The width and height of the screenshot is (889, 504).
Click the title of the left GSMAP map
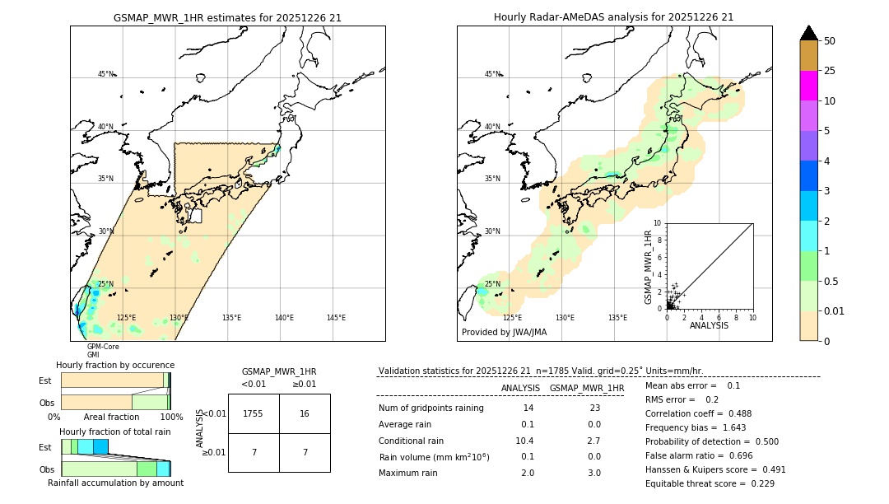point(227,17)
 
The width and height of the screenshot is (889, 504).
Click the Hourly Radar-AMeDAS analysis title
point(613,17)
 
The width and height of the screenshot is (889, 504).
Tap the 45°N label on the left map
point(105,74)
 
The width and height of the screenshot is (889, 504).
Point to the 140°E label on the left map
point(283,318)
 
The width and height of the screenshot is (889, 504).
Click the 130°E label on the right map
point(565,318)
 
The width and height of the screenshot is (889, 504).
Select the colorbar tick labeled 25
point(830,71)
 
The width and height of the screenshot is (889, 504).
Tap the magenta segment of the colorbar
point(808,86)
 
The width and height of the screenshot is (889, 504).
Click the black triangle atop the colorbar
point(808,33)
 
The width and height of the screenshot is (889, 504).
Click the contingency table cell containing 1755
point(254,413)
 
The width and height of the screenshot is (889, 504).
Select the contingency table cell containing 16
point(305,413)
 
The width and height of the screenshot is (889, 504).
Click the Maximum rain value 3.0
point(595,473)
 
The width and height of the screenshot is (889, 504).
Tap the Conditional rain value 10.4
point(527,441)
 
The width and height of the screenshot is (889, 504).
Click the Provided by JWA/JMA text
point(504,333)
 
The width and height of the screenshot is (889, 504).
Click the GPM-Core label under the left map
point(103,347)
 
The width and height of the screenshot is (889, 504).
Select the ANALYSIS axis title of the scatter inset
point(709,325)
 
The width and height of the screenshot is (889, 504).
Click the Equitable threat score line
point(710,483)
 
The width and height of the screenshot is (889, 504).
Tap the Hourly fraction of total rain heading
point(115,432)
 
